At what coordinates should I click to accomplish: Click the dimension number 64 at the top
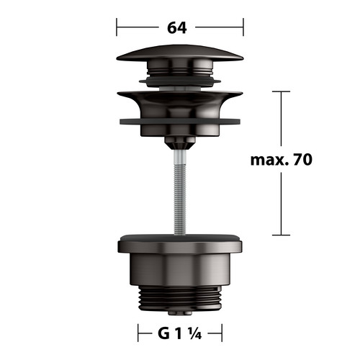pos(177,27)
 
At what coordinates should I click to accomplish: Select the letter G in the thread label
pos(163,333)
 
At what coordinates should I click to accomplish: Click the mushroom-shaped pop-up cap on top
pos(180,53)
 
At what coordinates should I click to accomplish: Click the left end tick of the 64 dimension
pos(117,27)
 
